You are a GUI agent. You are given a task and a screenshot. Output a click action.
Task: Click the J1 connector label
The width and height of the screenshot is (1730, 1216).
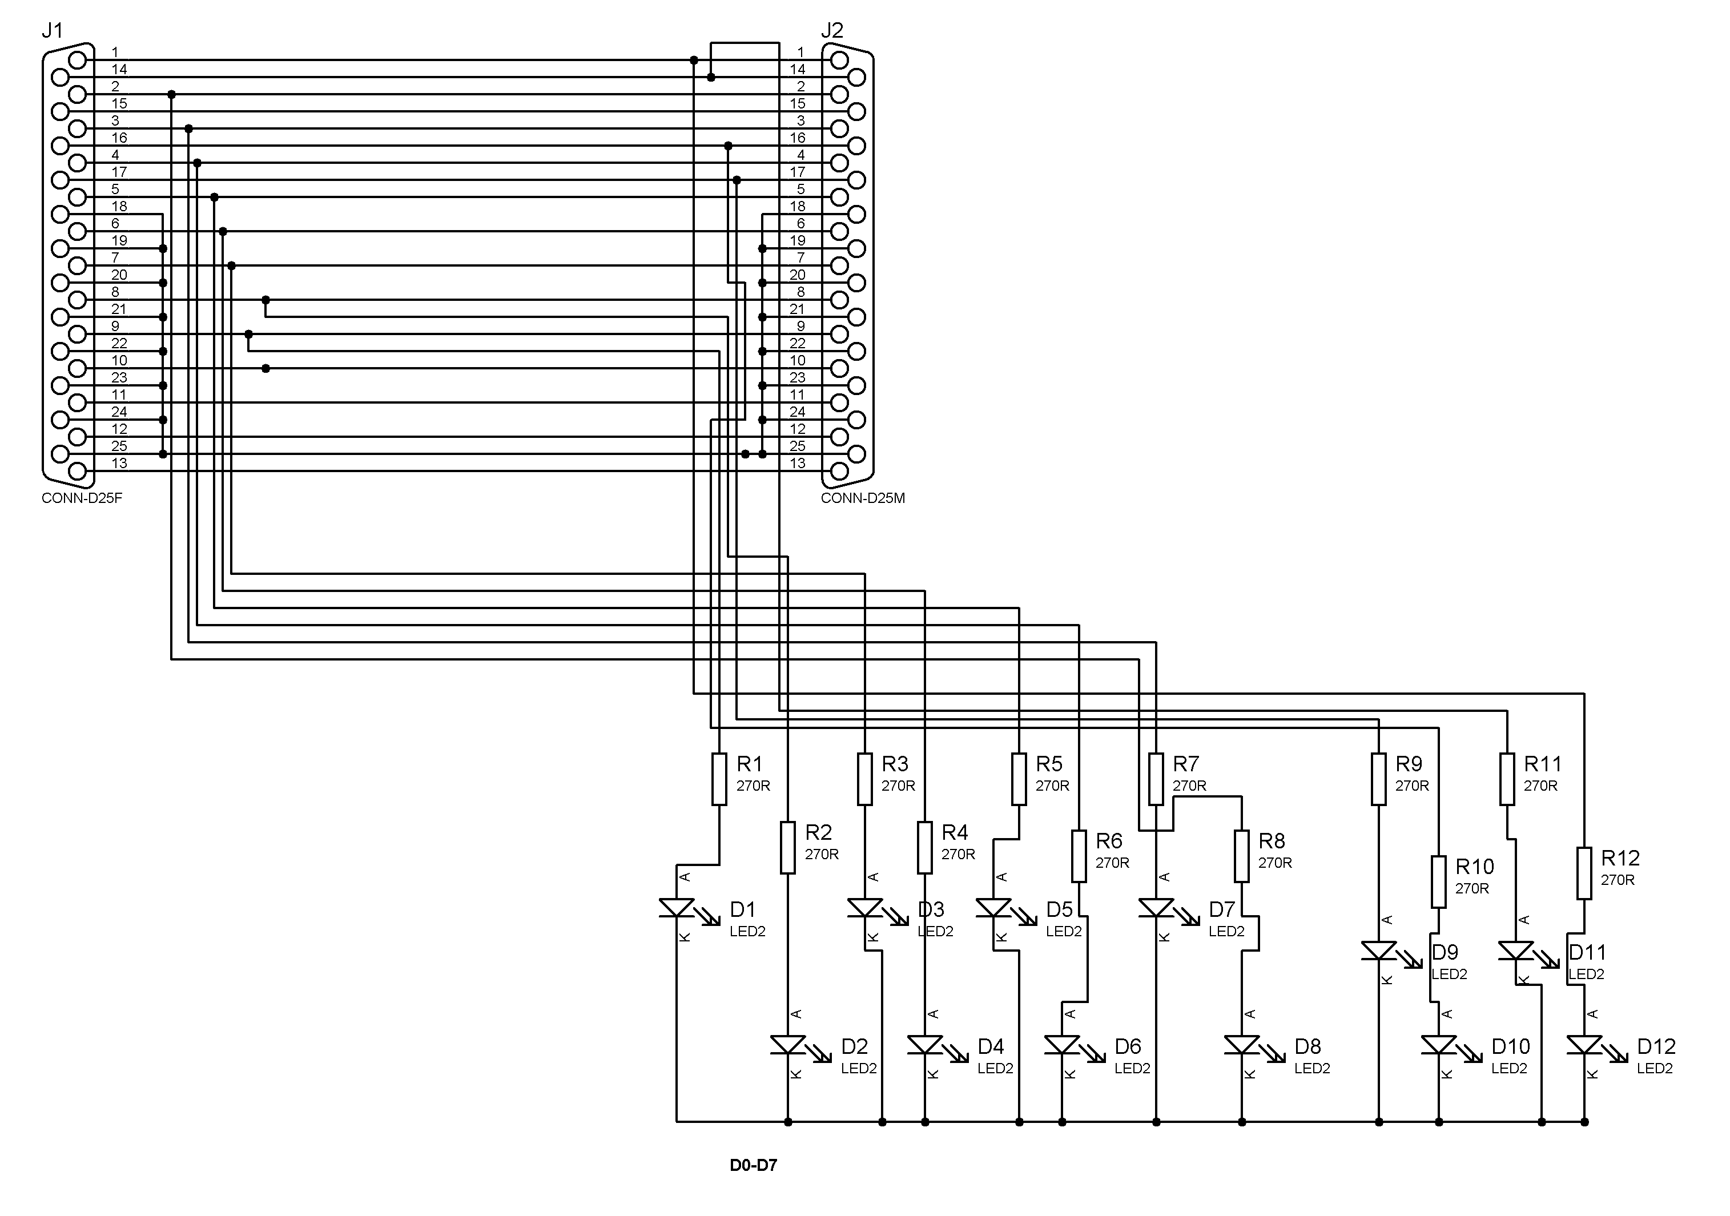click(x=52, y=31)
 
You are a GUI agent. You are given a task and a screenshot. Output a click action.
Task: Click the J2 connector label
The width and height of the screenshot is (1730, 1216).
click(x=832, y=31)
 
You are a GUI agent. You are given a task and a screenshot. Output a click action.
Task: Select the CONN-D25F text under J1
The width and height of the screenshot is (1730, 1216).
click(x=82, y=498)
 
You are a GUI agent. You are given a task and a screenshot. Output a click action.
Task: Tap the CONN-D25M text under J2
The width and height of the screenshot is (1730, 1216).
click(x=863, y=498)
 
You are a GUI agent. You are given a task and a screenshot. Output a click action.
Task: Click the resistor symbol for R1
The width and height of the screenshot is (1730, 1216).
click(x=719, y=779)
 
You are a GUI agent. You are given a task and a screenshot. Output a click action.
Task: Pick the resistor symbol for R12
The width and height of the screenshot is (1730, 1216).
click(x=1584, y=873)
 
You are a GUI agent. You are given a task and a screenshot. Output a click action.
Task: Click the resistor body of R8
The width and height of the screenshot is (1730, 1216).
click(x=1242, y=856)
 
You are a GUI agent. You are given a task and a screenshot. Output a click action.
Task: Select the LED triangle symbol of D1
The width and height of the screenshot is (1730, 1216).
click(x=677, y=908)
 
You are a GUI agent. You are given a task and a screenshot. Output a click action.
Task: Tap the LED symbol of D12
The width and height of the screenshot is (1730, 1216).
click(x=1584, y=1045)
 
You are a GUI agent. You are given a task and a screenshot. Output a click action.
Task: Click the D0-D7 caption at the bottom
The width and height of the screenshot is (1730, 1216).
click(x=753, y=1166)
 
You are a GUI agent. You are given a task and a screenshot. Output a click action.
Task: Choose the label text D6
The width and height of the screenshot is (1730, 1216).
click(x=1128, y=1046)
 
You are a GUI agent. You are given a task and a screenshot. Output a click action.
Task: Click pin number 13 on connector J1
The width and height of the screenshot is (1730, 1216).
click(x=120, y=464)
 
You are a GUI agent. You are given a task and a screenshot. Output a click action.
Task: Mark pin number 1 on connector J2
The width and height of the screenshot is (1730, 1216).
click(x=800, y=52)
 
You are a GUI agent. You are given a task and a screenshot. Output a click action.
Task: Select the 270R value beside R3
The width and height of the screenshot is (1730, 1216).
click(x=898, y=786)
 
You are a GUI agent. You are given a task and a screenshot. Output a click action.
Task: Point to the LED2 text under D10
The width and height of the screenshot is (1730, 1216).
click(x=1509, y=1068)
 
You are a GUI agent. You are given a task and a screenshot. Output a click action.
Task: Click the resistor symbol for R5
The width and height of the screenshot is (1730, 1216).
click(x=1019, y=779)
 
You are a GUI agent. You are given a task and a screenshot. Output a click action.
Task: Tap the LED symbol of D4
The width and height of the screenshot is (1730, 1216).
click(x=926, y=1045)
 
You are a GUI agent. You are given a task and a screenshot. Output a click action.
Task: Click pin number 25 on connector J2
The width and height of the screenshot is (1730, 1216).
click(x=797, y=446)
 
